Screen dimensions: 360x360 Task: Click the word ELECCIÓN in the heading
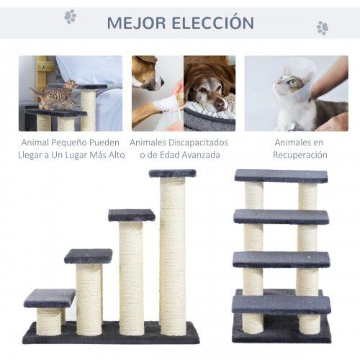pos(212,23)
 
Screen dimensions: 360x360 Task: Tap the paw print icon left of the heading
pos(71,17)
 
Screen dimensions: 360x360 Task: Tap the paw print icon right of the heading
pos(322,28)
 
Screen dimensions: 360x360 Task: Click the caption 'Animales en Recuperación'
pos(298,149)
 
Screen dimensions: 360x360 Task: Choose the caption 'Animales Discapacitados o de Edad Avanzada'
pos(182,149)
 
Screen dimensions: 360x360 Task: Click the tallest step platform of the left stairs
pos(172,174)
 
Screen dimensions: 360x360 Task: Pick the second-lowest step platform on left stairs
pos(88,256)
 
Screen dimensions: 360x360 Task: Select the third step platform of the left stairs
pos(131,215)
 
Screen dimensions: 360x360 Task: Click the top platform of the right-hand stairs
pos(280,176)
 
